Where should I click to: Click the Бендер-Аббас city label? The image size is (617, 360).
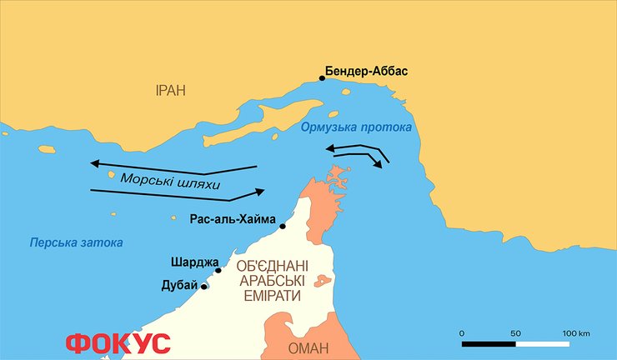pyautogui.click(x=368, y=71)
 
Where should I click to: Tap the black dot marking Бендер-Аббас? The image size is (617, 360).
pyautogui.click(x=322, y=79)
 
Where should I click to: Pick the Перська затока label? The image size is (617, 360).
pyautogui.click(x=76, y=242)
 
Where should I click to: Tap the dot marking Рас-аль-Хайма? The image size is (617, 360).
pyautogui.click(x=283, y=227)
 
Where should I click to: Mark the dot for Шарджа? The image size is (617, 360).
pyautogui.click(x=218, y=270)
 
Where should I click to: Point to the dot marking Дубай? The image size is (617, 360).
pyautogui.click(x=204, y=287)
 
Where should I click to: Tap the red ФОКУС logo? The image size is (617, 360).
pyautogui.click(x=118, y=342)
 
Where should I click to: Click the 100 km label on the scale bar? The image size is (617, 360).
pyautogui.click(x=575, y=333)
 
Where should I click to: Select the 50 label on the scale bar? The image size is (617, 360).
pyautogui.click(x=515, y=333)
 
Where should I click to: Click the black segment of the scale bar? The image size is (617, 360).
pyautogui.click(x=489, y=342)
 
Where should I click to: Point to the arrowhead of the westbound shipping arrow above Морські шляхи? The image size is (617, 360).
pyautogui.click(x=94, y=162)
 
